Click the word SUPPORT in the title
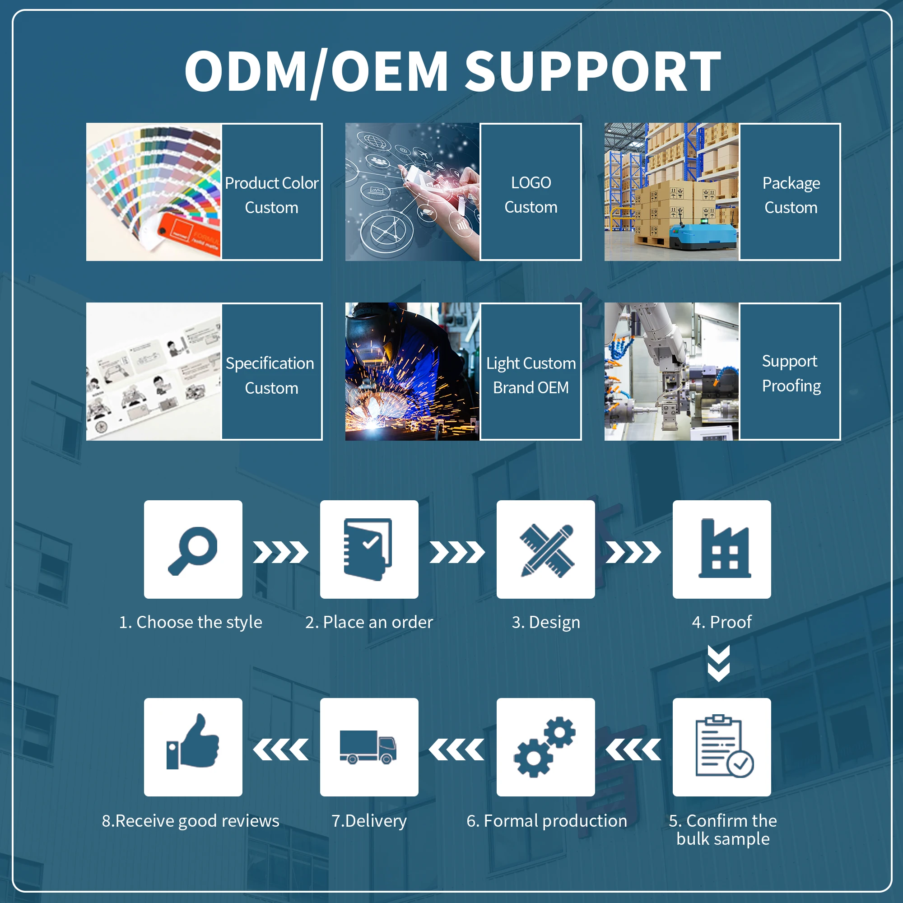pyautogui.click(x=593, y=71)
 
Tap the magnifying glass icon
pyautogui.click(x=193, y=549)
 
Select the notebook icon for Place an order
pyautogui.click(x=369, y=549)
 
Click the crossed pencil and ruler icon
pyautogui.click(x=546, y=550)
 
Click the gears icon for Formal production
pyautogui.click(x=545, y=747)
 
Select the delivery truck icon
pyautogui.click(x=368, y=747)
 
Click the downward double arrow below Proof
pyautogui.click(x=719, y=664)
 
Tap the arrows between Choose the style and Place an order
pyautogui.click(x=281, y=553)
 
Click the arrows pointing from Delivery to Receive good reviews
pyautogui.click(x=281, y=749)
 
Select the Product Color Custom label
pyautogui.click(x=271, y=195)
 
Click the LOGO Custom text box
pyautogui.click(x=531, y=195)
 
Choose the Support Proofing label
pyautogui.click(x=791, y=373)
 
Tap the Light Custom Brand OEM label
pyautogui.click(x=531, y=375)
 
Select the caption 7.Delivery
pyautogui.click(x=369, y=821)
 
